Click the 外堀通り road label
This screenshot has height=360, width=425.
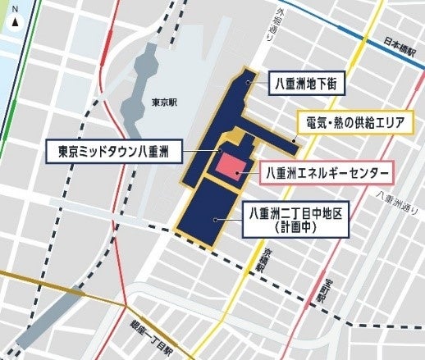[266, 24]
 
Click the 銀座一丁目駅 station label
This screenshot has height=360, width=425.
[149, 334]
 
